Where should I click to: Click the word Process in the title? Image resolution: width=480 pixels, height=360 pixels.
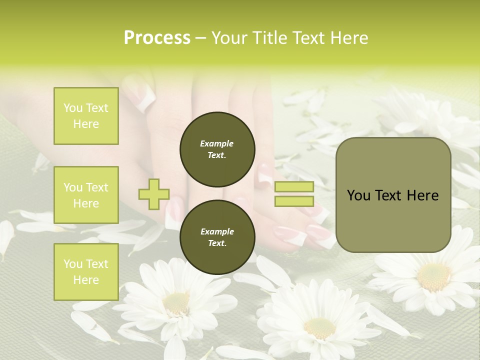coord(157,38)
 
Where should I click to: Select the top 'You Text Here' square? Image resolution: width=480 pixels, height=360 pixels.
coord(86,116)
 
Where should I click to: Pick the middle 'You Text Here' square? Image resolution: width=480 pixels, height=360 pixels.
coord(86,195)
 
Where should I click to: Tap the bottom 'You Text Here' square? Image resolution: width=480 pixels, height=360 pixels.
coord(86,271)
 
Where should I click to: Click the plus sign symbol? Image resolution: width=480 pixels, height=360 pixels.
coord(154,193)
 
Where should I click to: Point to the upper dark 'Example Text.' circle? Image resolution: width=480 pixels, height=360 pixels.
coord(217,149)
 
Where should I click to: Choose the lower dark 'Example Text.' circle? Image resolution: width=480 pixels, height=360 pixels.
coord(217,237)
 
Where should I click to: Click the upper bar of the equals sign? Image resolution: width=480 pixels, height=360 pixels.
coord(294,186)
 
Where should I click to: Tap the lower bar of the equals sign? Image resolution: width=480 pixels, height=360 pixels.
coord(294,201)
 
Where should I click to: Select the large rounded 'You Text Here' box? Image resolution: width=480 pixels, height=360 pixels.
coord(393,195)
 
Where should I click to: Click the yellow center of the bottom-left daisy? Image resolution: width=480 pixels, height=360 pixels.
coord(176,302)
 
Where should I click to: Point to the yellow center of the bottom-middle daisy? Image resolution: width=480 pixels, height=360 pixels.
coord(319,328)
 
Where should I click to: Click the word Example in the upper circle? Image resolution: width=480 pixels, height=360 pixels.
coord(217,143)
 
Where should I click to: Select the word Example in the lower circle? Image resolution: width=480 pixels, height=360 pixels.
coord(217,231)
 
